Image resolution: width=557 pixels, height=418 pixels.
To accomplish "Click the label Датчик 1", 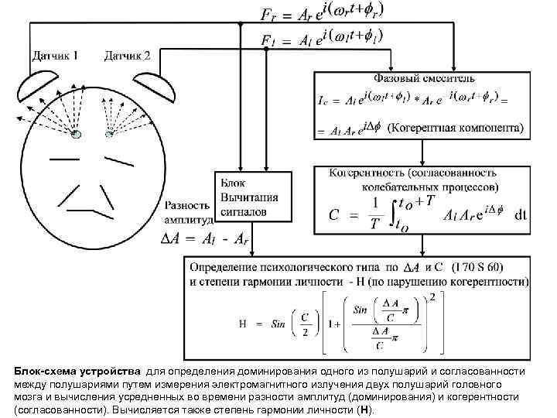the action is (x=56, y=55).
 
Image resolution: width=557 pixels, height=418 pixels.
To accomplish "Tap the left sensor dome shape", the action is (x=43, y=85).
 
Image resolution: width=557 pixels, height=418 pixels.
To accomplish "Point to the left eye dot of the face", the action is (x=77, y=134).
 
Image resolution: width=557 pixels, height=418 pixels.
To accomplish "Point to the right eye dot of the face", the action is (x=109, y=134).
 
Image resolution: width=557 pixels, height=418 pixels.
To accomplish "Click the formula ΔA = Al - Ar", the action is (x=208, y=239).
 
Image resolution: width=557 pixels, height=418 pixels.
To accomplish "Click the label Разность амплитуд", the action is (x=186, y=213).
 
